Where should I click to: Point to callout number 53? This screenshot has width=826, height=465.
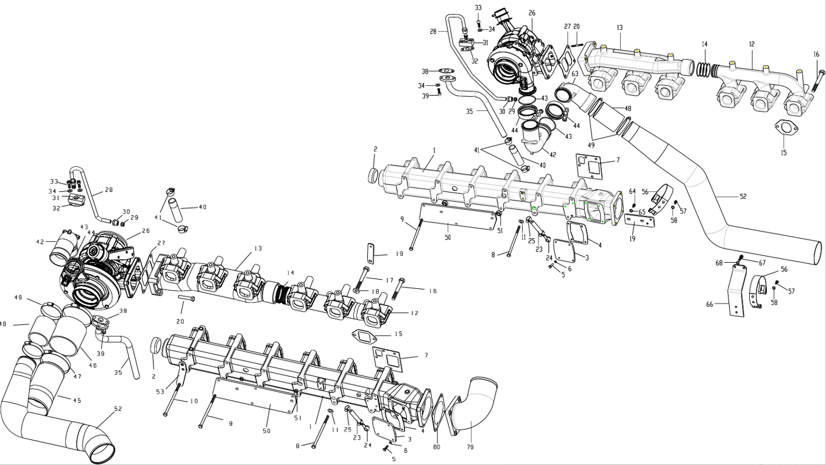(160, 391)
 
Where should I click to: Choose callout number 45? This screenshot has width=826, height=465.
(77, 400)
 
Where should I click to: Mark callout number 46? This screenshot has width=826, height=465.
(93, 365)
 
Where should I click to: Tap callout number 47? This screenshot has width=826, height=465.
(77, 377)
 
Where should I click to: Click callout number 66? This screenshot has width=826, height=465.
(710, 304)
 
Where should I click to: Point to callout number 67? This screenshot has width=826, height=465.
(762, 263)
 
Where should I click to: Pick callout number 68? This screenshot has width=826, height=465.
(719, 263)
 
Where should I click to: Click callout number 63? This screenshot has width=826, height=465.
(574, 74)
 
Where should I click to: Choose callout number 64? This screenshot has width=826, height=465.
(632, 191)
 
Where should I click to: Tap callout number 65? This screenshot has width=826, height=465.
(642, 211)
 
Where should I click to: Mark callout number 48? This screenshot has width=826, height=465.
(627, 108)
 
